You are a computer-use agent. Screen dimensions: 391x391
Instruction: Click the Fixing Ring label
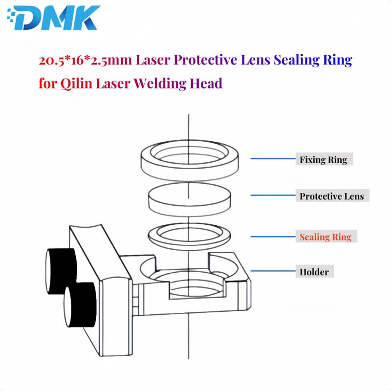(x=323, y=159)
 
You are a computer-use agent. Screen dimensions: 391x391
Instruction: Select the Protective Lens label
(x=331, y=196)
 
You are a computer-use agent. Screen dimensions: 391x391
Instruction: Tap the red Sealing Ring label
(x=325, y=237)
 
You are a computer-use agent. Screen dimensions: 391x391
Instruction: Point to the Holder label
(x=314, y=272)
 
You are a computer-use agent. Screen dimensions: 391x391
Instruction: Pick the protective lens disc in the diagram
(x=188, y=198)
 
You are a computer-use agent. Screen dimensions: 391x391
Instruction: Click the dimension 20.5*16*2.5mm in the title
(x=86, y=61)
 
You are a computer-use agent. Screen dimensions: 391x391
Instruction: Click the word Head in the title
(x=207, y=83)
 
